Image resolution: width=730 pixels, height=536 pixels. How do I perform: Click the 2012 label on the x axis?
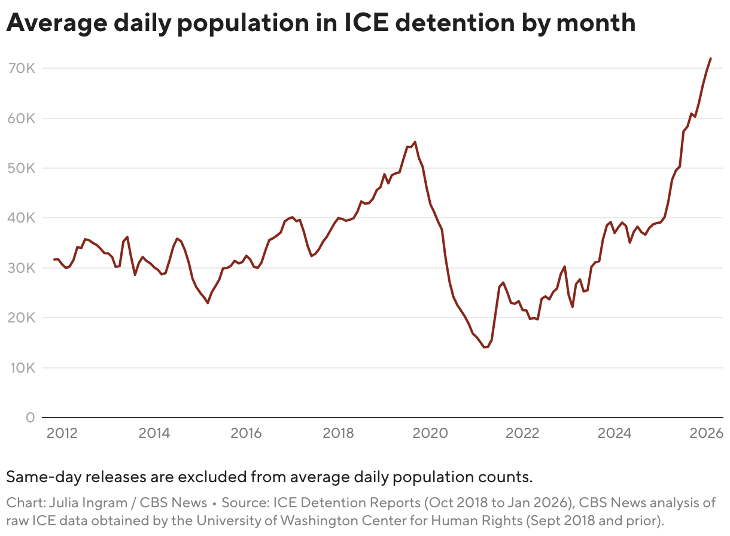62,433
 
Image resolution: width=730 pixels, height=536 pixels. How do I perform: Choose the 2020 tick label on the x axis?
430,433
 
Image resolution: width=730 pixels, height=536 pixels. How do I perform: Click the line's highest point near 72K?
710,58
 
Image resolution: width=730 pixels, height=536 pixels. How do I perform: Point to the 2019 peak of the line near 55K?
415,142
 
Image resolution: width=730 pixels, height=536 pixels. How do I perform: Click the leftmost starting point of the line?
54,260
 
